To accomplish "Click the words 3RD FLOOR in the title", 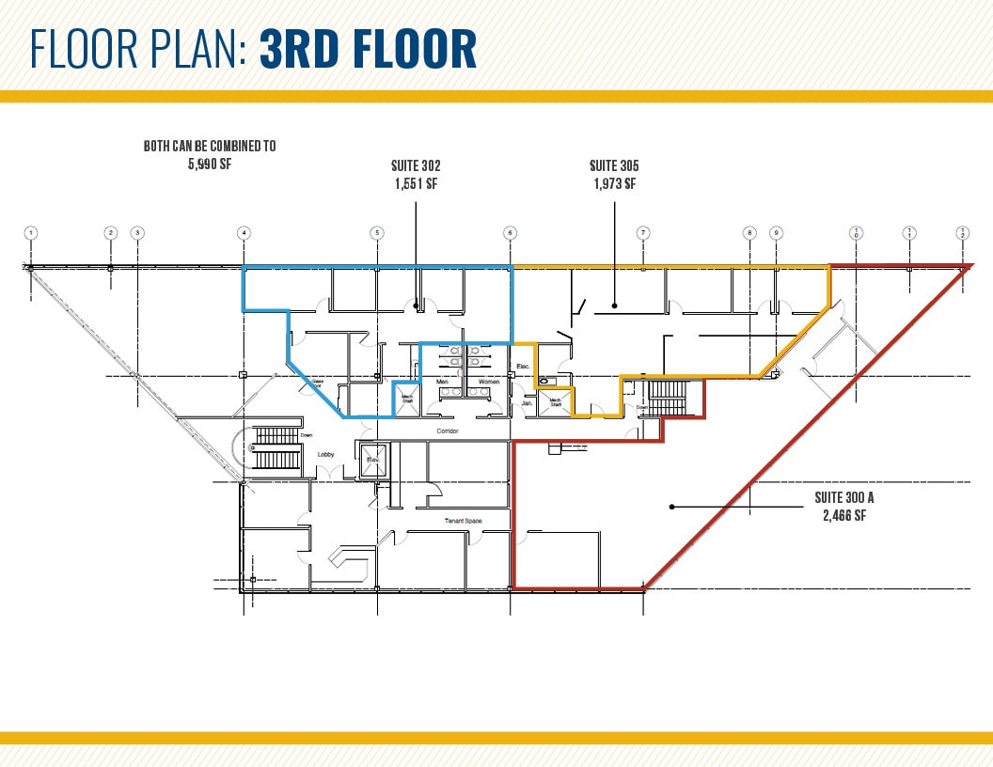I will pos(368,51).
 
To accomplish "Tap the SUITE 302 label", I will pos(416,166).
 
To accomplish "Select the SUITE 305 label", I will pos(614,166).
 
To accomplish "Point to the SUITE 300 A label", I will pos(844,498).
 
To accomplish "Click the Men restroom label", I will pos(443,382).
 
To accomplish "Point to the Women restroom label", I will pos(489,382).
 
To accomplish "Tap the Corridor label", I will pos(448,431).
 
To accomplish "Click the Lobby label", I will pos(325,454).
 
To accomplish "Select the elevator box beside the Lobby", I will pos(371,460).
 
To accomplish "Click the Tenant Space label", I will pos(463,520).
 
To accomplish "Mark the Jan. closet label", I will pos(527,402).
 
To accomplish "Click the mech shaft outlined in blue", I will pos(407,398).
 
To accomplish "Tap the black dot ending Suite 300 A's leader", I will pos(671,508).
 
